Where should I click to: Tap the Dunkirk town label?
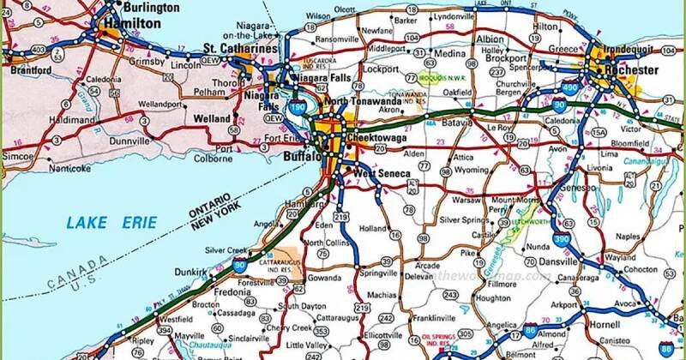(x=187, y=273)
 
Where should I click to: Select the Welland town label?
(x=214, y=117)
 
